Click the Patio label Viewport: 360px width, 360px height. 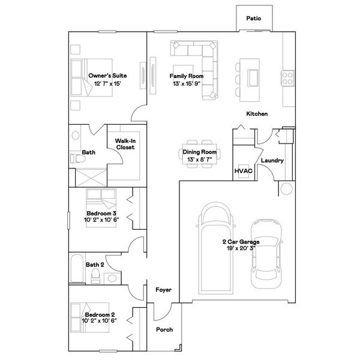coord(253,19)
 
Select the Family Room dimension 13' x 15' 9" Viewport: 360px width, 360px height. coord(187,84)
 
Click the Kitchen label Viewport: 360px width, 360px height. coord(257,114)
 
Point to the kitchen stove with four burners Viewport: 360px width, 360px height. coord(287,77)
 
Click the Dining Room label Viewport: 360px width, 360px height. coord(199,152)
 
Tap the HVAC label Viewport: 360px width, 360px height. coord(242,171)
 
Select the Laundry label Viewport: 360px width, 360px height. coord(272,161)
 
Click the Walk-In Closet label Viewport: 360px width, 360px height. coord(125,144)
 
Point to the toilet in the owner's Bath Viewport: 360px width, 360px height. coord(76,159)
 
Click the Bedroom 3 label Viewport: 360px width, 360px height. coord(101,214)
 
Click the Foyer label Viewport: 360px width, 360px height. coord(164,290)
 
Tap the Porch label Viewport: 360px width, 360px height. coord(164,330)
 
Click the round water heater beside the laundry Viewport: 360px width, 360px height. coord(286,190)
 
